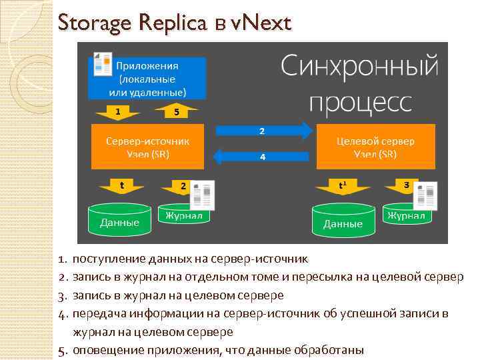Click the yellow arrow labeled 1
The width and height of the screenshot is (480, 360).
118,111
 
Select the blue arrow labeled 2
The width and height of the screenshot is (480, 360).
263,131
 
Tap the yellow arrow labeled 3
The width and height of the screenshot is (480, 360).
406,183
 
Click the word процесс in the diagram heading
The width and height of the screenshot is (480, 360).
360,101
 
